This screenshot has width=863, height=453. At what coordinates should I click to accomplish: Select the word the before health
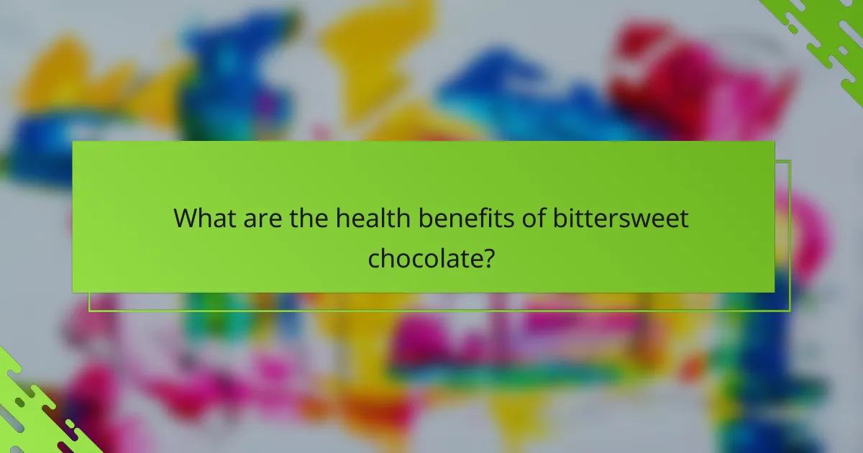pos(309,217)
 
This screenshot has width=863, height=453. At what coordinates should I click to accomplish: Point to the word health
pos(369,217)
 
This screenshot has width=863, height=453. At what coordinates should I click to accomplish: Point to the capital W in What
pos(188,217)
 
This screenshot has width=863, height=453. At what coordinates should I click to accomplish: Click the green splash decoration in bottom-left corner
pos(36,417)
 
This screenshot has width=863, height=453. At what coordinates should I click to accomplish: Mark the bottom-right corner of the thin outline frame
pos(790,311)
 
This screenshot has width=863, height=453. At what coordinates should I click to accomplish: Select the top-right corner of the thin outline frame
pos(790,160)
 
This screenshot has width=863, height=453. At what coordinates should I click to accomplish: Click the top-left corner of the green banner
pos(73,142)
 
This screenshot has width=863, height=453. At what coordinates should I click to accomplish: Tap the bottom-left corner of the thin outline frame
pos(89,311)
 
